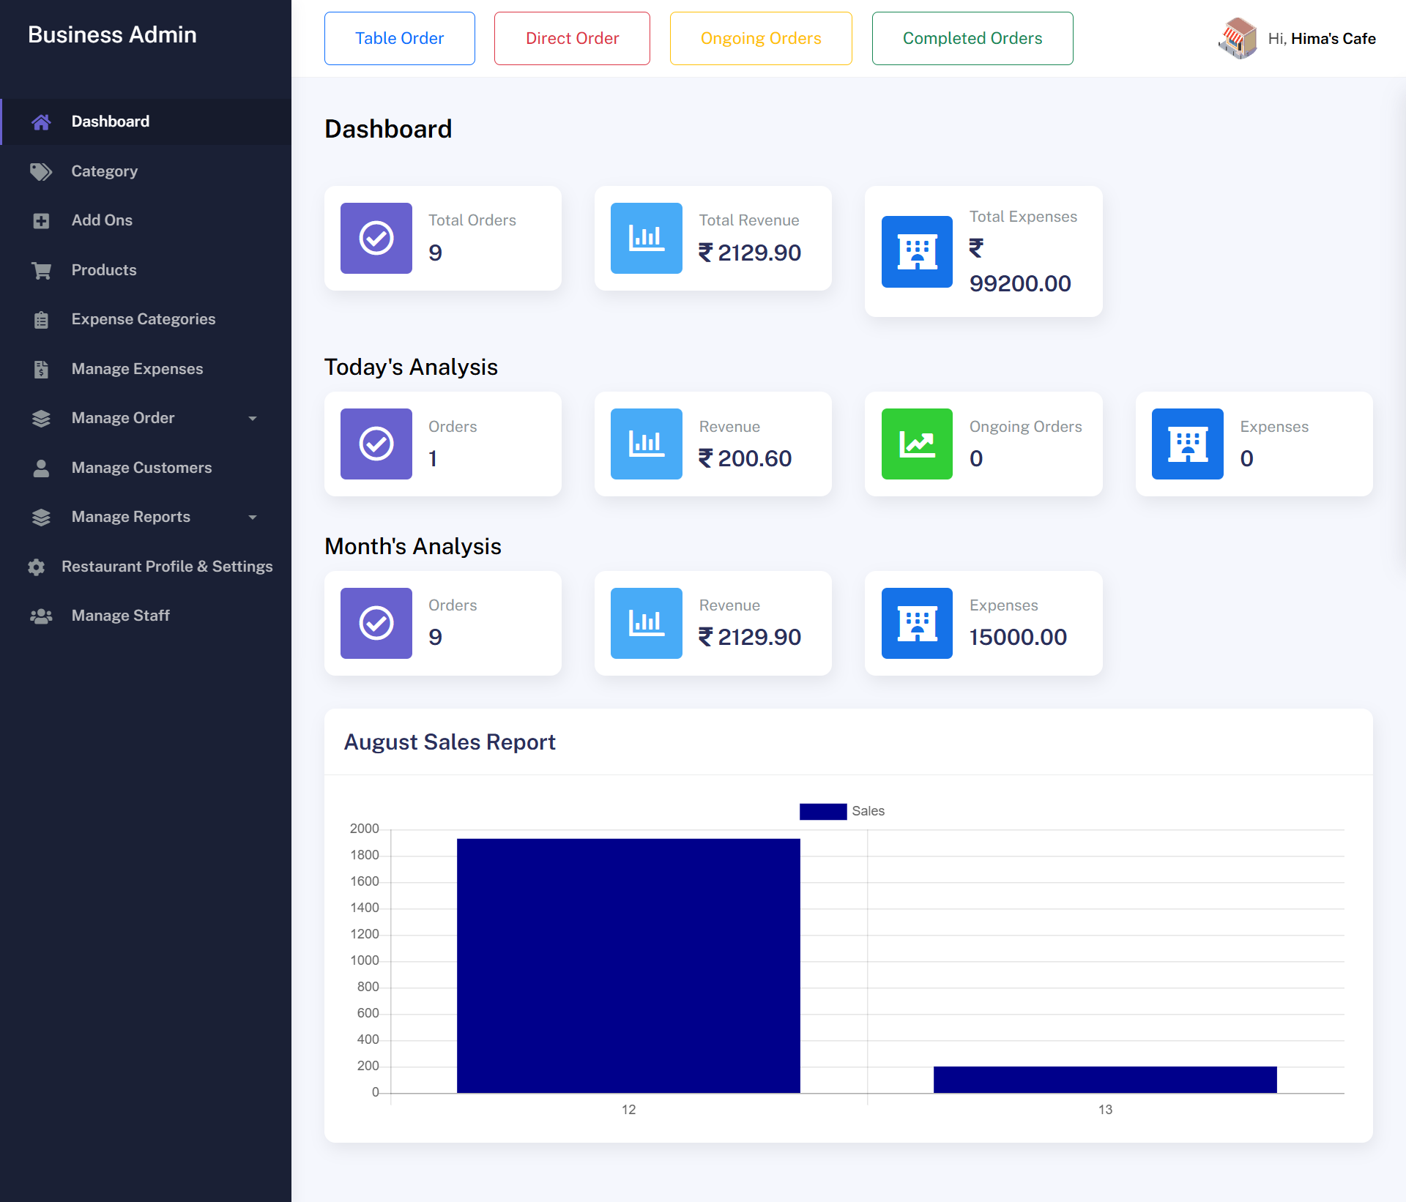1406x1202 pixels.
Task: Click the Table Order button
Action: tap(399, 38)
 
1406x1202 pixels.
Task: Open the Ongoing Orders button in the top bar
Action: tap(760, 38)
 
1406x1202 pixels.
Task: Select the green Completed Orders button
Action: tap(972, 38)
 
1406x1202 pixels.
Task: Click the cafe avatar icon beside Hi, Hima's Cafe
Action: tap(1237, 38)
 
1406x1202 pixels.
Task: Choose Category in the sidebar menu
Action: tap(104, 171)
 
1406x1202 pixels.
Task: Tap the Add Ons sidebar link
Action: tap(102, 220)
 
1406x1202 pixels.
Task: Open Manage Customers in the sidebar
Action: tap(141, 468)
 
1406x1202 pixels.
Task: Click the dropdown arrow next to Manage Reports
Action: tap(253, 518)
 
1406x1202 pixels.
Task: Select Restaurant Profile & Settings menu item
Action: tap(166, 567)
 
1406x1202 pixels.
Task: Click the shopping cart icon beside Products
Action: tap(41, 270)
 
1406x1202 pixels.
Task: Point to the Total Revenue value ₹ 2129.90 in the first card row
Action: tap(750, 253)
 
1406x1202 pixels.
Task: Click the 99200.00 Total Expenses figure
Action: tap(1019, 283)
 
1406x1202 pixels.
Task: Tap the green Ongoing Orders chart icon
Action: tap(917, 444)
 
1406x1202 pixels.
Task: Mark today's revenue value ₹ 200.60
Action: tap(745, 458)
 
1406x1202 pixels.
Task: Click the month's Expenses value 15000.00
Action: tap(1018, 637)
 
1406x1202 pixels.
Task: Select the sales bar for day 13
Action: tap(1104, 1080)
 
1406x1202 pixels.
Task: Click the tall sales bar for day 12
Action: tap(628, 966)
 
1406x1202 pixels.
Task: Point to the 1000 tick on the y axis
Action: tap(365, 960)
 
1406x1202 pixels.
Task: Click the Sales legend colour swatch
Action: tap(822, 811)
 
